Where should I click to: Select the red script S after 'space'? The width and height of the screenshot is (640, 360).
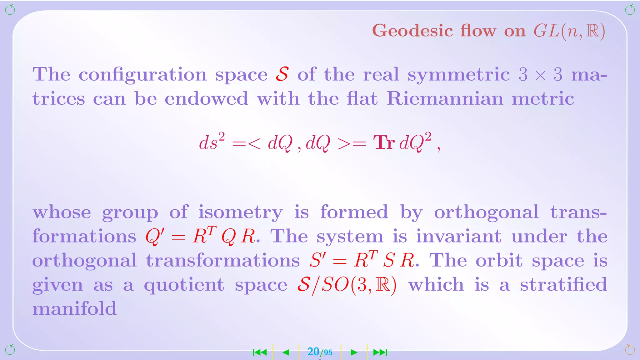(x=282, y=74)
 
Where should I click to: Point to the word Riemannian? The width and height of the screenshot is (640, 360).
(x=445, y=99)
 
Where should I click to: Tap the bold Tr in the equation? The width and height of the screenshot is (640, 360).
(x=384, y=143)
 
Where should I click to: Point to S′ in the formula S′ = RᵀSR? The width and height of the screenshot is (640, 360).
(x=318, y=260)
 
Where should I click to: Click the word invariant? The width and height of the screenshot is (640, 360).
(x=458, y=236)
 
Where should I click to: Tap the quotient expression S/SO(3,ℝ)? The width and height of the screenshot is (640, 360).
(x=347, y=285)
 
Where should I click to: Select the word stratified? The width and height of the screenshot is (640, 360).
(x=563, y=284)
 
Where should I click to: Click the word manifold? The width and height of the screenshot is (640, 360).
(x=74, y=309)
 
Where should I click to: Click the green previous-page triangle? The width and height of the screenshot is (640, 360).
(x=286, y=352)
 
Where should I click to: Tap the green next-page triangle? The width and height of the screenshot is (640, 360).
(x=354, y=352)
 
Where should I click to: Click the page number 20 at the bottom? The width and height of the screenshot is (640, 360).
(x=313, y=352)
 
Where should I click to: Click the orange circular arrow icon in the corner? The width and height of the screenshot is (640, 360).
(x=630, y=350)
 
